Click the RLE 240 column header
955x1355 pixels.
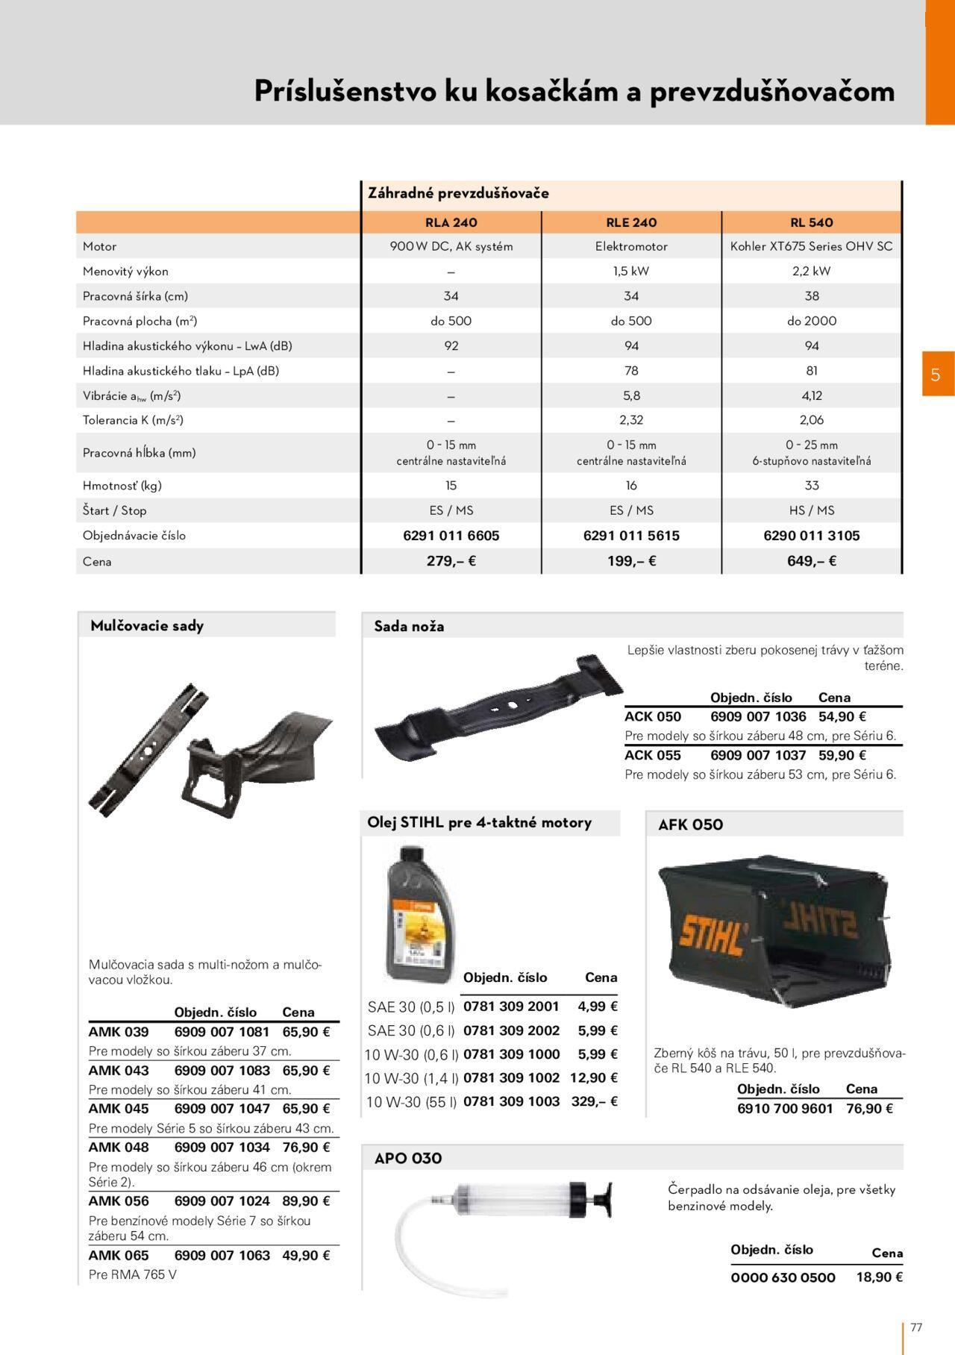pos(631,222)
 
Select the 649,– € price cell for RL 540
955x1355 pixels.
pos(812,561)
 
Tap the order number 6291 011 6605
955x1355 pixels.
pos(451,536)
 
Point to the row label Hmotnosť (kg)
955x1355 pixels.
pos(122,486)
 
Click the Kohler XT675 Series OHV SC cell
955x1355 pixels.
pos(811,246)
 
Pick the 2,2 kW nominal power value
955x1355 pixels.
pos(812,271)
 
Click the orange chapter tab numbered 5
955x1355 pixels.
pos(936,375)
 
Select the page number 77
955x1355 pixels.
pos(916,1327)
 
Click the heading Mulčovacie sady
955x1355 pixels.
pos(147,626)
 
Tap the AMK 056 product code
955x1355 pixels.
pos(119,1201)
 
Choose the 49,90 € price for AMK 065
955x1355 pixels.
pos(306,1256)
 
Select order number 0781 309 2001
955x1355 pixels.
pos(511,1007)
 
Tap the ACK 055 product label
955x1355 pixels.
pos(653,755)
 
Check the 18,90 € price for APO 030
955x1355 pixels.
pos(880,1277)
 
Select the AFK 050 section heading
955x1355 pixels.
pos(690,824)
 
